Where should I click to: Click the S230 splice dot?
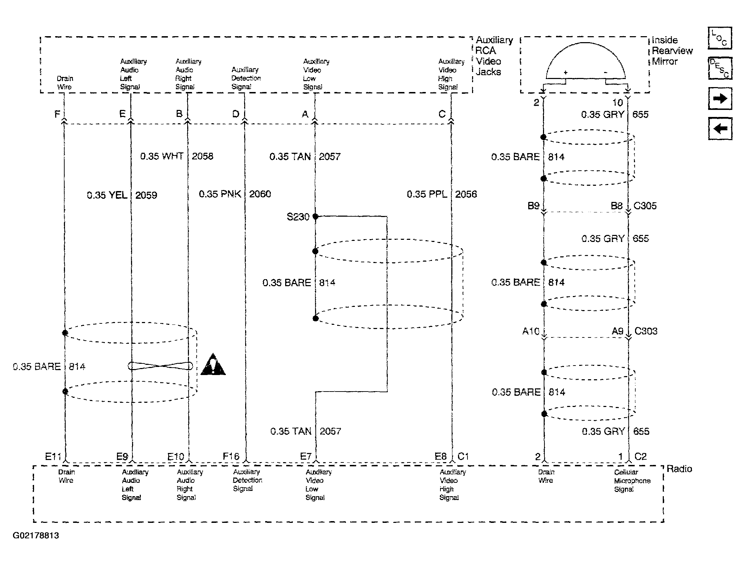click(x=315, y=217)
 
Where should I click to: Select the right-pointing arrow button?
click(x=720, y=99)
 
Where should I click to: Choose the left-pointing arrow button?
click(x=720, y=129)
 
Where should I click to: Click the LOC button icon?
click(x=720, y=38)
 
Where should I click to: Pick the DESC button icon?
click(x=720, y=68)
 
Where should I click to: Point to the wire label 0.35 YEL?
click(x=107, y=195)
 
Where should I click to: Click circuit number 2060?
click(x=260, y=194)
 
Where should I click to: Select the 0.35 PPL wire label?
click(x=427, y=194)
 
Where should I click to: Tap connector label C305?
click(x=645, y=206)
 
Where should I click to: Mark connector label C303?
click(x=646, y=331)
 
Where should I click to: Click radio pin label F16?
click(x=231, y=456)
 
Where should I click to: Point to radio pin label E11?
click(x=53, y=456)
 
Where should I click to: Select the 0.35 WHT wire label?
click(x=162, y=156)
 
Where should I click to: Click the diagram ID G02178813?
click(x=36, y=536)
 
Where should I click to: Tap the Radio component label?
click(x=679, y=469)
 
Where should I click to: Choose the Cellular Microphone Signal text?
click(x=632, y=481)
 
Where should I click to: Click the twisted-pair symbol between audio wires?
click(x=160, y=366)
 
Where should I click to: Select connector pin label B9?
click(x=533, y=206)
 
